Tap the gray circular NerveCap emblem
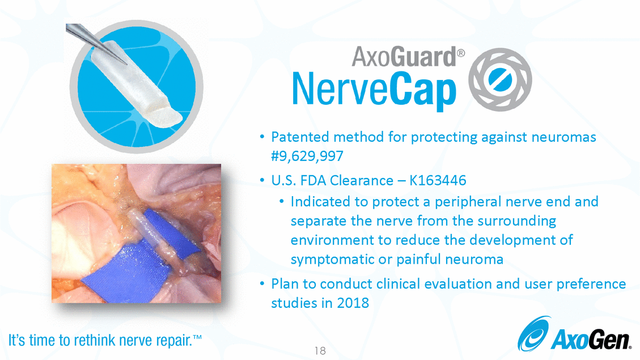[500, 79]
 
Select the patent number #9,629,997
[307, 156]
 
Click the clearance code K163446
[438, 180]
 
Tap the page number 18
[320, 350]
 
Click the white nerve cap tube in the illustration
[135, 84]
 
